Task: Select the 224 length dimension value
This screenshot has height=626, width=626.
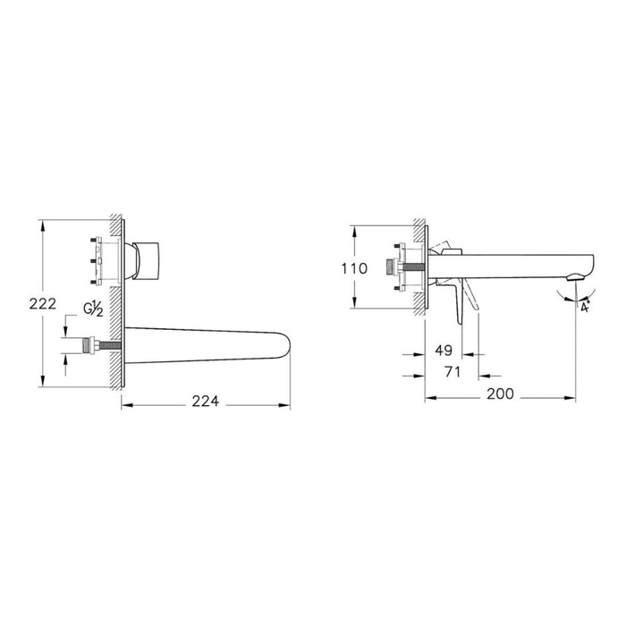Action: pyautogui.click(x=206, y=403)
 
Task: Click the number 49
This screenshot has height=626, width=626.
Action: pyautogui.click(x=444, y=351)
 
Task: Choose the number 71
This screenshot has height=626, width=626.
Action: pyautogui.click(x=453, y=372)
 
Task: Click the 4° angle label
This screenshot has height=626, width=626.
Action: pyautogui.click(x=584, y=307)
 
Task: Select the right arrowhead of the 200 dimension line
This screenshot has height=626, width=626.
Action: pyautogui.click(x=574, y=393)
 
